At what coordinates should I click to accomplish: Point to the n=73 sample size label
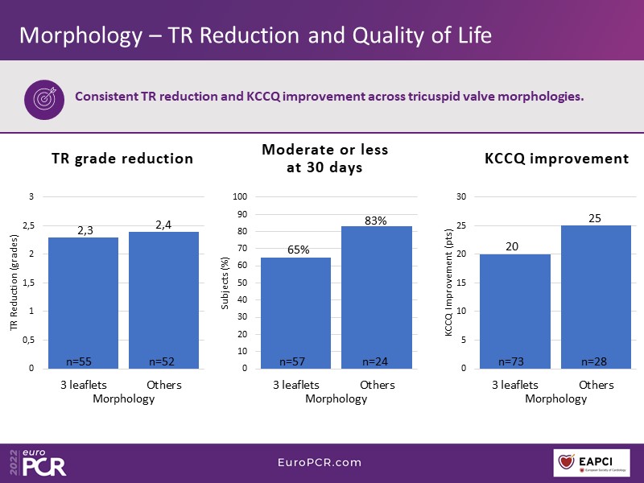point(512,361)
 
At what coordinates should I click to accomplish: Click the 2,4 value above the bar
point(163,225)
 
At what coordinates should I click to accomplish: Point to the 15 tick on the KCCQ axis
point(461,283)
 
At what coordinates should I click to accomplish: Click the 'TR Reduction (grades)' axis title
point(13,283)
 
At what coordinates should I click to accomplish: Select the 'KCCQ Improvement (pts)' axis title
point(449,283)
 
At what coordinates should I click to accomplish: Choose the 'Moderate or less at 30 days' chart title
point(325,159)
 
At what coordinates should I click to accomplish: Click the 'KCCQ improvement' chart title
point(556,159)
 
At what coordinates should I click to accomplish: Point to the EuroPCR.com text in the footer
point(320,463)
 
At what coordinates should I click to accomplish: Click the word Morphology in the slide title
point(80,35)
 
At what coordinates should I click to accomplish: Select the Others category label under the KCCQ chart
point(597,385)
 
